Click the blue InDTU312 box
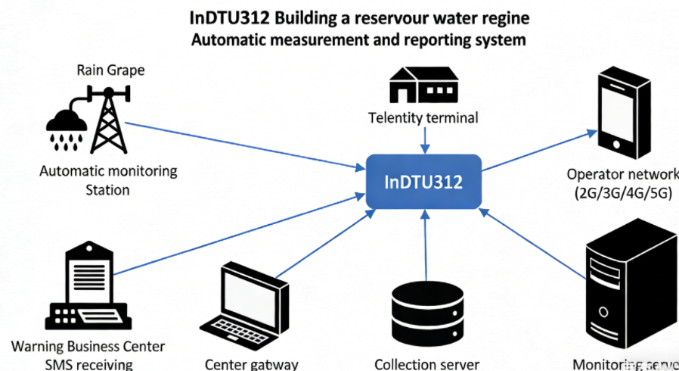[x=424, y=182]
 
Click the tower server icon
[x=627, y=291]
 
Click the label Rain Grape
[x=110, y=70]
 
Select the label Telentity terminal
[x=423, y=117]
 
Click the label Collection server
[x=426, y=364]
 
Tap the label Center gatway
[x=252, y=364]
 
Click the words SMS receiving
[x=88, y=364]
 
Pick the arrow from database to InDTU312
[x=426, y=242]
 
